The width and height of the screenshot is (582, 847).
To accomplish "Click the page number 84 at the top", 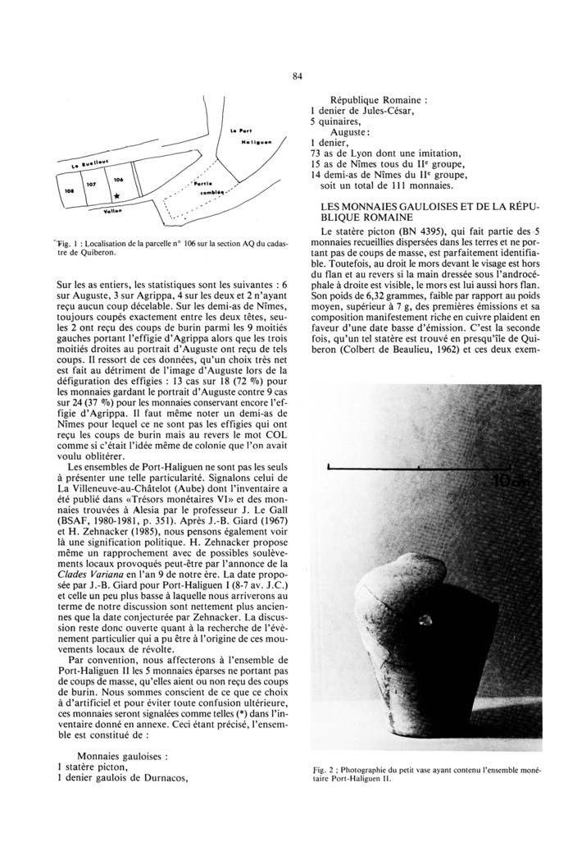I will coord(297,77).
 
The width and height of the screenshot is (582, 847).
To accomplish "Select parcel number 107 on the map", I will coord(92,185).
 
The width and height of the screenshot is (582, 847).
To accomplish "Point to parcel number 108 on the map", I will coord(70,190).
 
